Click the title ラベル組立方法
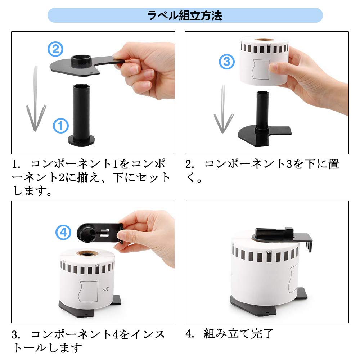tap(185, 15)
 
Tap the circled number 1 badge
tap(61, 126)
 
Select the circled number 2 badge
tap(55, 49)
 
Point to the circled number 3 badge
tap(227, 62)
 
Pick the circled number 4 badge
tap(63, 232)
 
